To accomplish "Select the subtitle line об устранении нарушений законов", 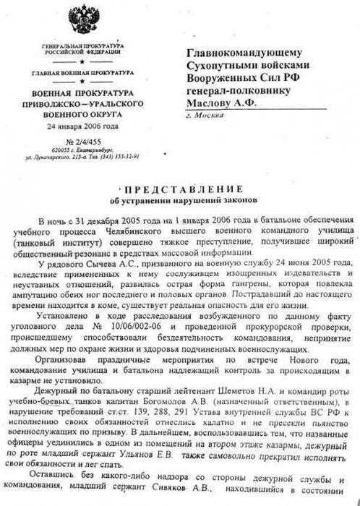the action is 176,199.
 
